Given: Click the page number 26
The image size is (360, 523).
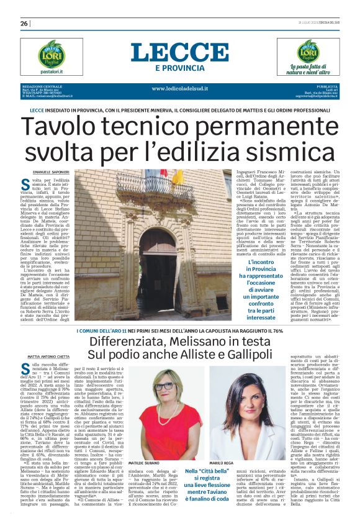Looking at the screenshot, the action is click(24, 24).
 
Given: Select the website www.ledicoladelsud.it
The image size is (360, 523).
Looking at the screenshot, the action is click(179, 88).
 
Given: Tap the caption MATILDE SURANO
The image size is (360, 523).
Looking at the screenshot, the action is click(143, 463).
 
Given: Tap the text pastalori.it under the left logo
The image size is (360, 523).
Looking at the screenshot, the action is click(52, 71).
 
